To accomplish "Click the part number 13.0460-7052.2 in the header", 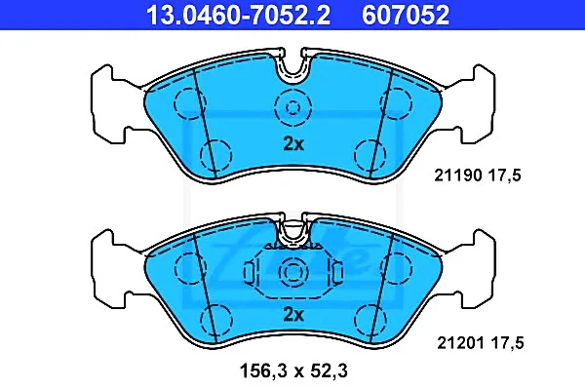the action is (238, 15).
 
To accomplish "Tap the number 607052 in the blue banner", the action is (406, 15).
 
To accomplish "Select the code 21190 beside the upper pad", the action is (458, 175).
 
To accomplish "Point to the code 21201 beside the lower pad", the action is (461, 342).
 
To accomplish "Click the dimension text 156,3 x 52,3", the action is (293, 370).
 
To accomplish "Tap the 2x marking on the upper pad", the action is (293, 143).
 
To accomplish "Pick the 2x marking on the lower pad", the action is (293, 315).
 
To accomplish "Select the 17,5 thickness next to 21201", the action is (507, 342).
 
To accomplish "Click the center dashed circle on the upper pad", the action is (292, 108).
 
